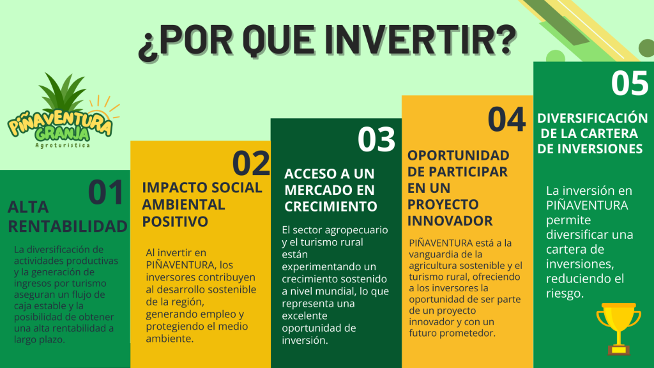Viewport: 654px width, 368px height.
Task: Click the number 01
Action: point(106,192)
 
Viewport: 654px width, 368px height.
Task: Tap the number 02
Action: point(251,163)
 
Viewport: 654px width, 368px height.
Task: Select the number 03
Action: point(376,139)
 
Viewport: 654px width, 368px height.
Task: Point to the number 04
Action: point(506,119)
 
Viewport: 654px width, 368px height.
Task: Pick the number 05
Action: point(630,83)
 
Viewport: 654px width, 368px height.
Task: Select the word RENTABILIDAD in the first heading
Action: point(68,227)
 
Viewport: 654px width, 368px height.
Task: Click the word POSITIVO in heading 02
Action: point(175,222)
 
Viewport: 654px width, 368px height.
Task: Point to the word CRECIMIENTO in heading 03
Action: point(331,206)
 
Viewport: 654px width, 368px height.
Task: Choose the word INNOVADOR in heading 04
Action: point(450,220)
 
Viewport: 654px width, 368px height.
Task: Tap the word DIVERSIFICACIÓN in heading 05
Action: point(592,118)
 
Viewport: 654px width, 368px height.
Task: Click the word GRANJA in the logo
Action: point(63,134)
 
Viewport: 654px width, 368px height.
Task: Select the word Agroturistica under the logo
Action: point(63,145)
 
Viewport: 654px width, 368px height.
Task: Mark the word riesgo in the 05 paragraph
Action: point(565,294)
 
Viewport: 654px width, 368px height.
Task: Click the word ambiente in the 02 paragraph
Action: point(169,339)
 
